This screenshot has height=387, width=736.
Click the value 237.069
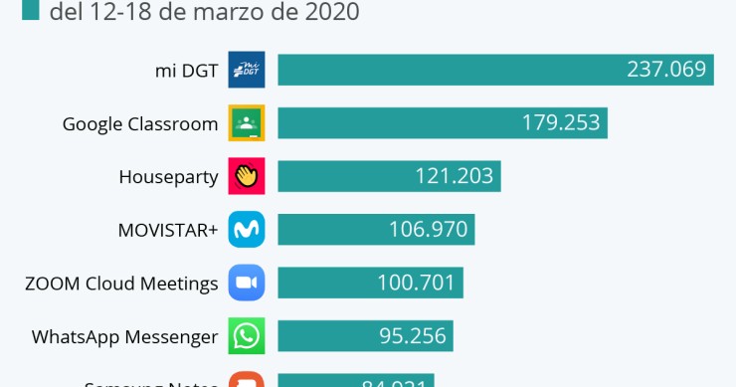click(x=665, y=70)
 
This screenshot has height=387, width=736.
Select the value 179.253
click(x=561, y=122)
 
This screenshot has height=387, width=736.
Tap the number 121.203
click(x=455, y=176)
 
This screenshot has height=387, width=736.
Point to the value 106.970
click(x=429, y=230)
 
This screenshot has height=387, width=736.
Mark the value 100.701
click(x=417, y=283)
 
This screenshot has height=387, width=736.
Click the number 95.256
click(x=412, y=336)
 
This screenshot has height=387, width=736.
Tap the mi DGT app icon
click(x=246, y=70)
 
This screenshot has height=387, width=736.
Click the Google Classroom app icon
click(x=246, y=123)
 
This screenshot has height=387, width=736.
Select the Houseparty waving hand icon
click(x=246, y=176)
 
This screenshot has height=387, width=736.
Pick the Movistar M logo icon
click(x=246, y=230)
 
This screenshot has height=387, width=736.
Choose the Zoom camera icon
click(x=246, y=283)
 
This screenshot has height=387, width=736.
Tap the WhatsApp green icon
click(x=246, y=336)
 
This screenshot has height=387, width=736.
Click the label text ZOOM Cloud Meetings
click(x=121, y=284)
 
